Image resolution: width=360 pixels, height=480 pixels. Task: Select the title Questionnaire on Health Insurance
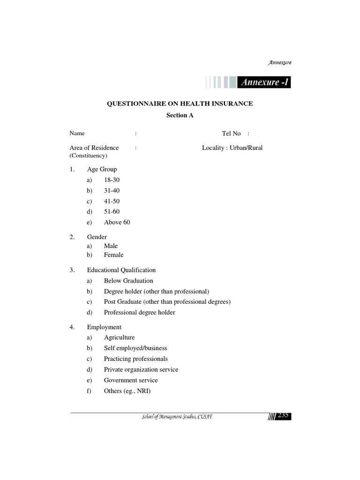click(180, 104)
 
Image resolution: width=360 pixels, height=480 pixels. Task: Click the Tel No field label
click(231, 134)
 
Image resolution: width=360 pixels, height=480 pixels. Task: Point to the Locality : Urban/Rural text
click(232, 148)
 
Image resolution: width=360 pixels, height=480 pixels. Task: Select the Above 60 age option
click(117, 222)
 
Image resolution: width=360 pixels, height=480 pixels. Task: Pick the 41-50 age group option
click(112, 201)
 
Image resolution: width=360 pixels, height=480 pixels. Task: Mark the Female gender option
click(114, 255)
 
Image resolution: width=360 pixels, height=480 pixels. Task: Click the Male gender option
click(111, 246)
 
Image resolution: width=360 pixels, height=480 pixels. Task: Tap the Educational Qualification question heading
click(121, 270)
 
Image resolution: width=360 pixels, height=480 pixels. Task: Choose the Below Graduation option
click(128, 281)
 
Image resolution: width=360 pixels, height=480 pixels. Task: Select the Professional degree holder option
click(140, 313)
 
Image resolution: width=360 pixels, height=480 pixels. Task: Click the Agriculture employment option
click(120, 337)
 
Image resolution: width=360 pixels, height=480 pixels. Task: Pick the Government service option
click(131, 380)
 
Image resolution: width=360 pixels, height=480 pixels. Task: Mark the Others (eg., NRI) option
click(127, 391)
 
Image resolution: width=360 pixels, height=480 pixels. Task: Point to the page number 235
click(283, 415)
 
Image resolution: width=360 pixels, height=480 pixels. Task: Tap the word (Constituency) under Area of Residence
click(89, 155)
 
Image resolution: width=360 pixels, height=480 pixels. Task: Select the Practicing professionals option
click(136, 359)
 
